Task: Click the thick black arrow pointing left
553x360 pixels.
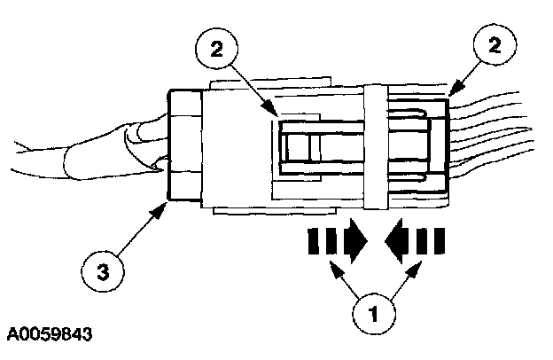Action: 413,240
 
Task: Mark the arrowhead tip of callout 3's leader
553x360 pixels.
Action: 169,203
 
